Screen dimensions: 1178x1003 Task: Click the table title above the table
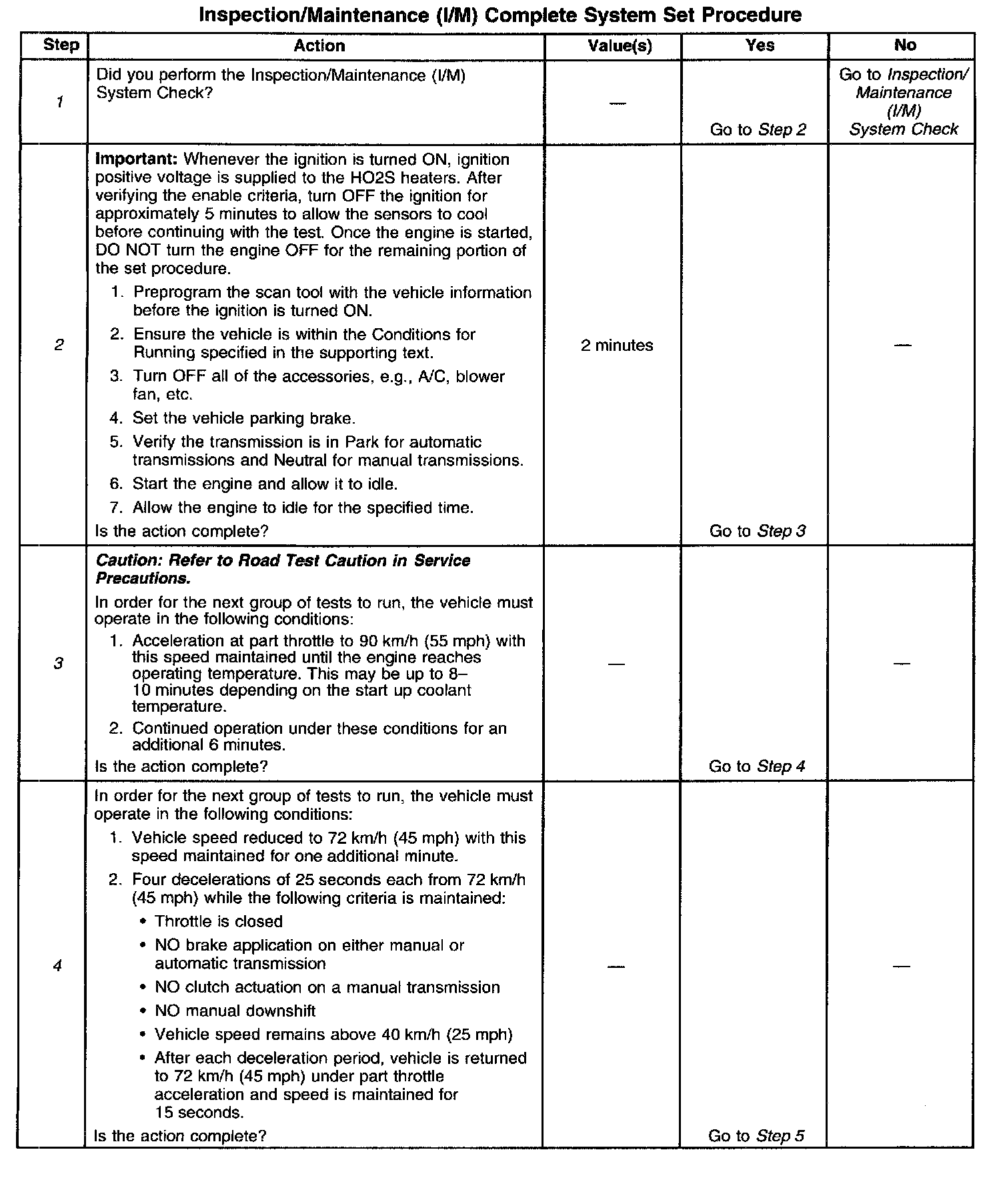[x=500, y=15]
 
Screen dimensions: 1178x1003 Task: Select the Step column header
[x=61, y=45]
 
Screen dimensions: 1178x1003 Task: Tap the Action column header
[x=319, y=45]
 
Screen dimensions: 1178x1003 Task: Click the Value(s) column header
[x=620, y=45]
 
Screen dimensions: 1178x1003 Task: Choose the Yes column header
[x=760, y=45]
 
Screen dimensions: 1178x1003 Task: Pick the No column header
[x=904, y=45]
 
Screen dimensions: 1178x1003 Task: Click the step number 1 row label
[x=60, y=102]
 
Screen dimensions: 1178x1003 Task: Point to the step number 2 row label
[x=59, y=345]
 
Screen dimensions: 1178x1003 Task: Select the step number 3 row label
[x=58, y=663]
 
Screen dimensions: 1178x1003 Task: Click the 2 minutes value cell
[x=617, y=346]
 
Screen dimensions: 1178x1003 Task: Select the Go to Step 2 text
[x=758, y=129]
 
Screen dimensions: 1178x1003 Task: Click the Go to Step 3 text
[x=758, y=531]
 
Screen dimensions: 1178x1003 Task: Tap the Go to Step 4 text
[x=757, y=766]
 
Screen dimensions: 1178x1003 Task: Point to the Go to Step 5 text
[x=756, y=1135]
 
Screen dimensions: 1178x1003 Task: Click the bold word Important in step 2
[x=137, y=159]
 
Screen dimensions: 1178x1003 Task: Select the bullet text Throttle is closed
[x=219, y=921]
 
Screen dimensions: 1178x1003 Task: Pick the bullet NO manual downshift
[x=235, y=1011]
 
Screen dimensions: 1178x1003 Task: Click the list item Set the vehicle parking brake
[x=244, y=418]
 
